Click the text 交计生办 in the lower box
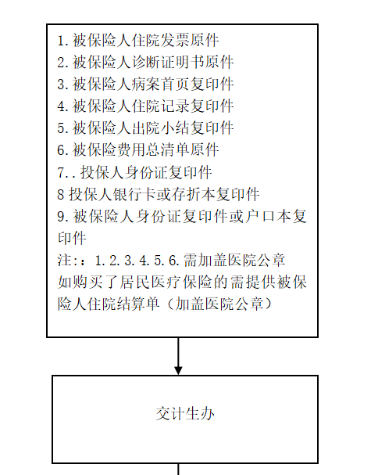(x=185, y=413)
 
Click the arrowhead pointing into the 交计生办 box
(x=178, y=371)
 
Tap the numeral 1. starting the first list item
(x=63, y=41)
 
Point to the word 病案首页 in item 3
(x=161, y=85)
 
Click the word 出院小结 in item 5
(x=161, y=128)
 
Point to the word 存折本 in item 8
(x=193, y=194)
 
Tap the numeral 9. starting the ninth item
(x=63, y=217)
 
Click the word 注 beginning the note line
(x=65, y=260)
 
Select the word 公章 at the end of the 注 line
(x=270, y=260)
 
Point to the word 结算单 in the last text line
(x=138, y=304)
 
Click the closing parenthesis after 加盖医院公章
(x=269, y=304)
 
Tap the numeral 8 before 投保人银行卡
(x=61, y=195)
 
